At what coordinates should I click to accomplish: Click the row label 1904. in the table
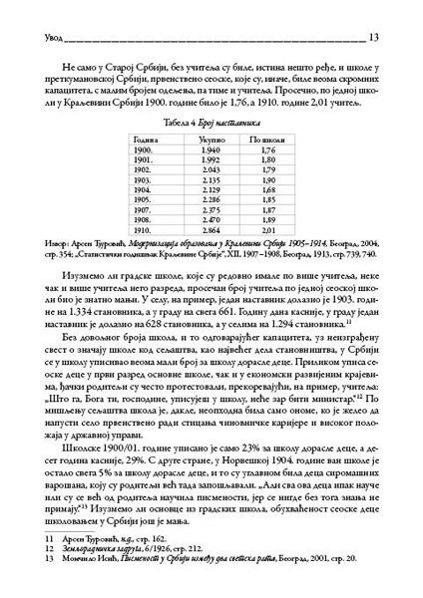click(x=144, y=188)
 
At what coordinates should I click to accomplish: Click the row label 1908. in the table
click(x=144, y=217)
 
